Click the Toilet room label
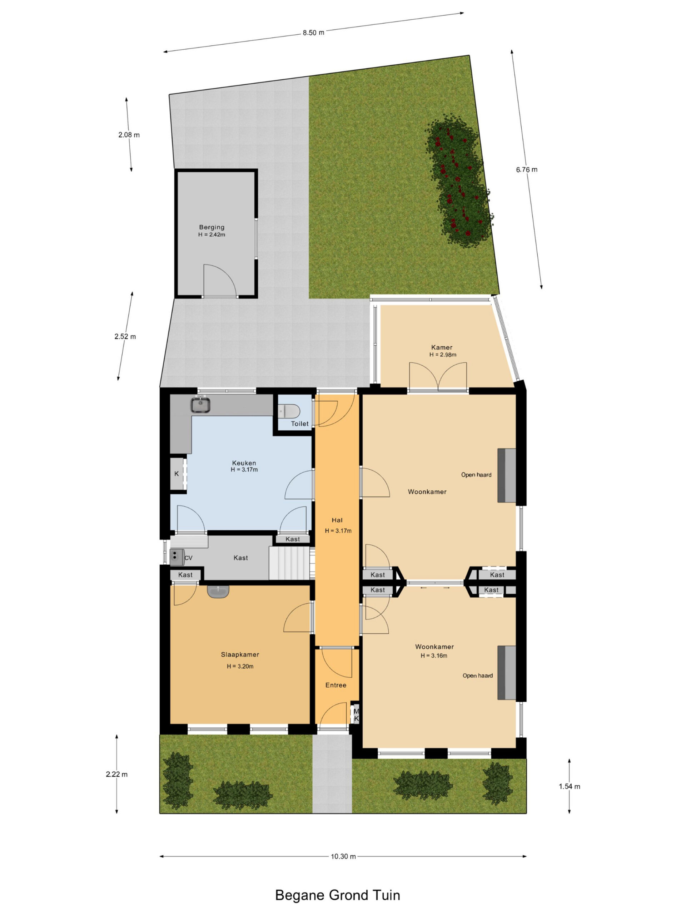[x=299, y=424]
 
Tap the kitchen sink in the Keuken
[x=200, y=405]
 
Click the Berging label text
[x=212, y=227]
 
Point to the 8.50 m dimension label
[x=313, y=33]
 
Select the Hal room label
[x=337, y=520]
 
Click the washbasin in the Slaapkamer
[x=218, y=592]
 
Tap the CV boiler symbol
[x=177, y=557]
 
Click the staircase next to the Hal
[x=290, y=563]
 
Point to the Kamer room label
[x=442, y=347]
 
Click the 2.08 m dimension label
[x=129, y=135]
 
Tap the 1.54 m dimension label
[x=570, y=786]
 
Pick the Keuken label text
[x=244, y=463]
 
